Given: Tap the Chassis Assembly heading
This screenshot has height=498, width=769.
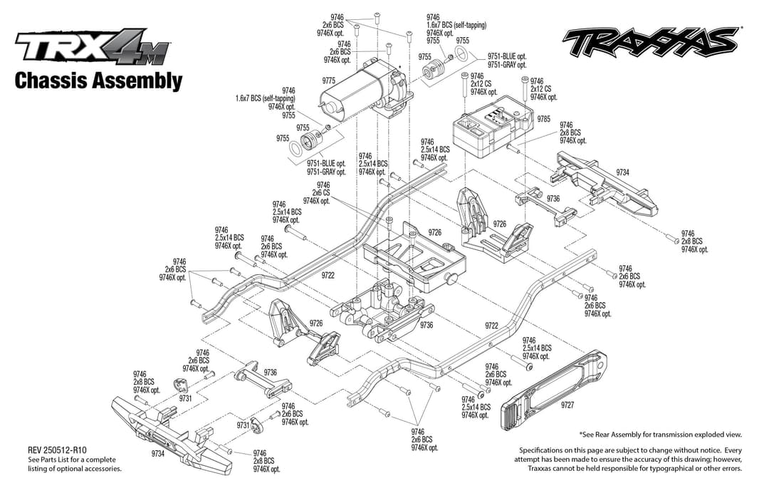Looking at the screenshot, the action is pyautogui.click(x=98, y=81).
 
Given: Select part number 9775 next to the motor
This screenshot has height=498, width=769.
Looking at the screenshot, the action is pyautogui.click(x=328, y=81).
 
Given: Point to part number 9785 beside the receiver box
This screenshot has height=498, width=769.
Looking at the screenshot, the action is pyautogui.click(x=544, y=119).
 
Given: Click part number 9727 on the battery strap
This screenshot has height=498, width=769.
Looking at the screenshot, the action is pyautogui.click(x=567, y=405).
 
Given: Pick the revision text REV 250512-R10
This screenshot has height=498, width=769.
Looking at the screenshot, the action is pyautogui.click(x=58, y=450).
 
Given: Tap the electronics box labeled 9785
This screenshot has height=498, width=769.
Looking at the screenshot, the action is pyautogui.click(x=493, y=127).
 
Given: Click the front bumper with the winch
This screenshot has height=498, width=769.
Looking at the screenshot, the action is pyautogui.click(x=172, y=432).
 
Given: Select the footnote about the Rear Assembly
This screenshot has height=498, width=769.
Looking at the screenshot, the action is pyautogui.click(x=661, y=434).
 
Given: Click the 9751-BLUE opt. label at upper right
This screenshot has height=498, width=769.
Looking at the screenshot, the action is pyautogui.click(x=507, y=56).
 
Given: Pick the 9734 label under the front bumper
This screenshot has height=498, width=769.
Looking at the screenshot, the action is pyautogui.click(x=158, y=453).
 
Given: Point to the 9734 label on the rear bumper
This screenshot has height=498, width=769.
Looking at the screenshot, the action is pyautogui.click(x=622, y=172).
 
